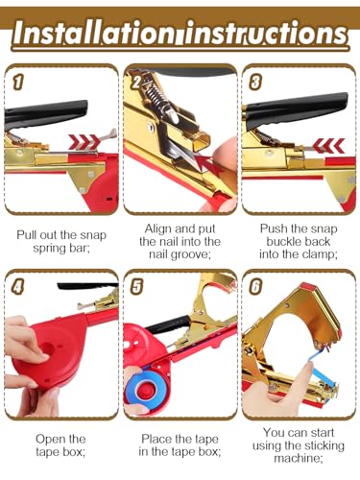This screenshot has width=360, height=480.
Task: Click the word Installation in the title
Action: pyautogui.click(x=94, y=33)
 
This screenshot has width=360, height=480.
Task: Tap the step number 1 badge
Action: pyautogui.click(x=17, y=82)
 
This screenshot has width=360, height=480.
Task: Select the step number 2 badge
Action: pyautogui.click(x=136, y=82)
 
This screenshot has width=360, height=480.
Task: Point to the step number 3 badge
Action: pyautogui.click(x=255, y=82)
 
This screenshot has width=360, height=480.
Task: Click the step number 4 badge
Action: pyautogui.click(x=17, y=286)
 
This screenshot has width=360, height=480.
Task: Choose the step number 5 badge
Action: pyautogui.click(x=136, y=286)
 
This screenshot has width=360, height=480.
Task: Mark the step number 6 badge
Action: pyautogui.click(x=255, y=286)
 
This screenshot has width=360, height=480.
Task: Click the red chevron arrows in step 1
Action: pyautogui.click(x=84, y=141)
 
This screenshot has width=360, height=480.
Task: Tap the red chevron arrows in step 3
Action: pyautogui.click(x=328, y=145)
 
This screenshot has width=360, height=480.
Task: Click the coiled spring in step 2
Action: pyautogui.click(x=156, y=94)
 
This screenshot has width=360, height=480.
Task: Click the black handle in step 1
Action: pyautogui.click(x=45, y=113)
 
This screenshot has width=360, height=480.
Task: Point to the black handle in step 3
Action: pyautogui.click(x=296, y=110)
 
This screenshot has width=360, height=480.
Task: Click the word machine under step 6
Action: pyautogui.click(x=299, y=459)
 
